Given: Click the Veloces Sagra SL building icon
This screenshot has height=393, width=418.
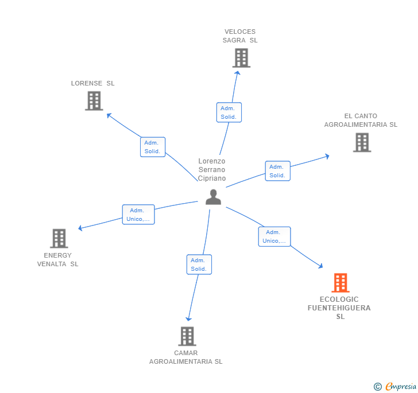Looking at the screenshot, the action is click(241, 58).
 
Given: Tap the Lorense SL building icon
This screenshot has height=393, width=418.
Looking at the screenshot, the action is click(94, 101).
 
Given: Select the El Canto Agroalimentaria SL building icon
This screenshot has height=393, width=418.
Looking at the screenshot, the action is click(362, 142).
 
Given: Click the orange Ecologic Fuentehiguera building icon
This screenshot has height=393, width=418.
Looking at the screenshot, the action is click(340, 283).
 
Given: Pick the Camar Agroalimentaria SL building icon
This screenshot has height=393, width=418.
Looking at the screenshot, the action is click(187, 336).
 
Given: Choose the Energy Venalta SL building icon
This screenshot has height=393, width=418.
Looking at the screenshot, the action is click(59, 238).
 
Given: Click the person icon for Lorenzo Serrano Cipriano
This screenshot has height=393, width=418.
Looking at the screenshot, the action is click(213, 197).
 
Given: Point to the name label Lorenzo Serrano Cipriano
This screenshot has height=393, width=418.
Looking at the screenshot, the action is click(212, 170).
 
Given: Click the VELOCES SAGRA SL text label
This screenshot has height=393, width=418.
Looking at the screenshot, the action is click(240, 36).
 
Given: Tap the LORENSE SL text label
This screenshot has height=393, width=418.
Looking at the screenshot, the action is click(93, 83).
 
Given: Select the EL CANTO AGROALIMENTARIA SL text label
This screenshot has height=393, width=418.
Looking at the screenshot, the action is click(361, 120).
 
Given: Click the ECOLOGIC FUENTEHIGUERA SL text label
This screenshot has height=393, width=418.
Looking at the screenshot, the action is click(339, 308).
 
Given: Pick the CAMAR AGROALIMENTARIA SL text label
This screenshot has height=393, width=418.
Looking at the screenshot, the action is click(185, 357).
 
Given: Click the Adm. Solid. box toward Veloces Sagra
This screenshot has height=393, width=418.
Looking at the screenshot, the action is click(229, 112).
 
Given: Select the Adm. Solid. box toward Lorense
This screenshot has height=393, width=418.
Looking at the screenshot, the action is click(153, 147).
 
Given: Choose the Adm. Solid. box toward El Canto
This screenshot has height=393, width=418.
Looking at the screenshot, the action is click(277, 171).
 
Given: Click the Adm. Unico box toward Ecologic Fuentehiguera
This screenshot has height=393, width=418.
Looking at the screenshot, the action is click(274, 236).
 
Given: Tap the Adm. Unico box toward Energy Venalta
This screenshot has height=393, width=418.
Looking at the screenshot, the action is click(138, 215).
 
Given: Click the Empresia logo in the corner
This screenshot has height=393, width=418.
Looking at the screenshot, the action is click(396, 386).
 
